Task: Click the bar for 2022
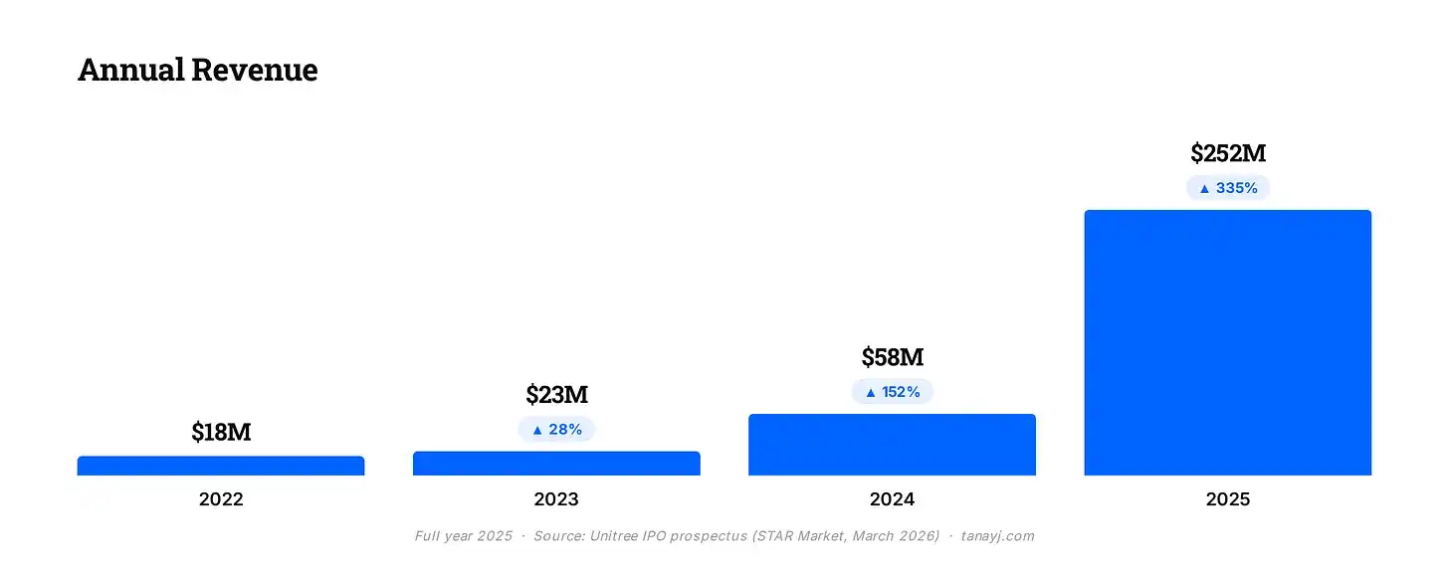click(x=221, y=466)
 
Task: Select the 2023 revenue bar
click(x=556, y=464)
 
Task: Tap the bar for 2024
click(x=892, y=445)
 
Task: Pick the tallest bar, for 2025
click(x=1228, y=342)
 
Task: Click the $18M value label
click(x=221, y=432)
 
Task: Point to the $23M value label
click(x=557, y=394)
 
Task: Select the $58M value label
click(x=893, y=356)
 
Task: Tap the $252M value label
click(x=1228, y=152)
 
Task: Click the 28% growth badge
click(x=556, y=430)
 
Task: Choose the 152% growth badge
click(x=892, y=392)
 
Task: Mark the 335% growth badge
click(x=1228, y=188)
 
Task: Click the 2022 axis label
click(x=221, y=499)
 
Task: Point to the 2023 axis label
click(x=556, y=499)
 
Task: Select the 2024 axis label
click(x=892, y=499)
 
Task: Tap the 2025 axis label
click(x=1228, y=499)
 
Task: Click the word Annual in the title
click(x=131, y=70)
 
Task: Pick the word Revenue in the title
click(x=254, y=70)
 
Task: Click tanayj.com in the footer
click(x=997, y=536)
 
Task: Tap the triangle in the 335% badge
click(x=1204, y=189)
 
